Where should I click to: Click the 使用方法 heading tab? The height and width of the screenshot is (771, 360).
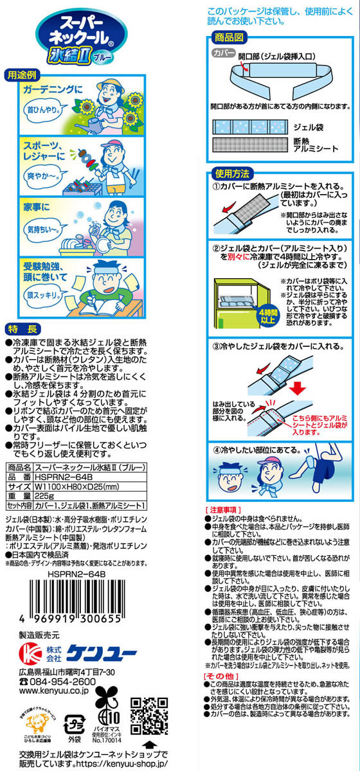click(x=232, y=173)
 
